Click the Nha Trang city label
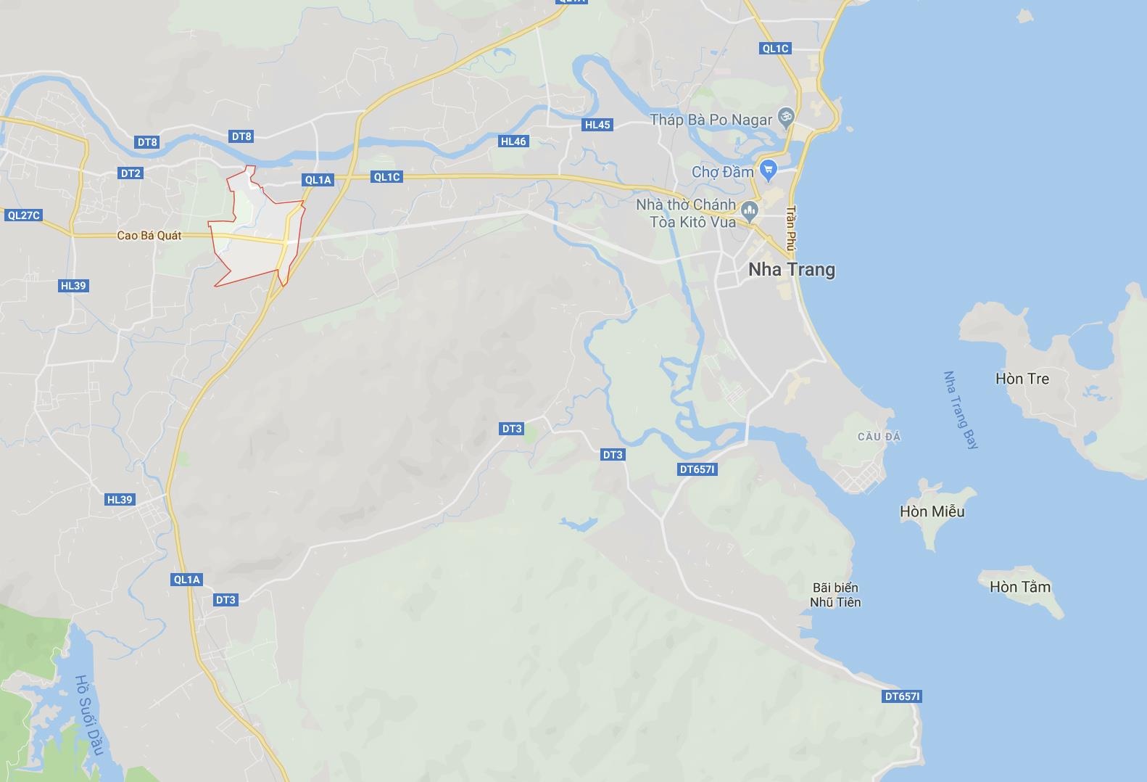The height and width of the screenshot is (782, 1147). (x=791, y=270)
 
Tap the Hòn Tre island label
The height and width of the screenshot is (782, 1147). (x=1022, y=379)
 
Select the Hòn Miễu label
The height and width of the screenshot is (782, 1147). (x=932, y=511)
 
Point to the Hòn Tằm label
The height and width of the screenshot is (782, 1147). (x=1019, y=587)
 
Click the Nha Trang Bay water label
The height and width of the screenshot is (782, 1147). (x=960, y=411)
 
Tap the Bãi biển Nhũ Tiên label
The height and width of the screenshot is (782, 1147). (x=835, y=595)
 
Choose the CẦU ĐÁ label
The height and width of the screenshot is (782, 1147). (x=879, y=437)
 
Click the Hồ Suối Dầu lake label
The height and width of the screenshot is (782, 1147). (x=90, y=715)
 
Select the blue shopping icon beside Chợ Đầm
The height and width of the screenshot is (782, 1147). (x=769, y=171)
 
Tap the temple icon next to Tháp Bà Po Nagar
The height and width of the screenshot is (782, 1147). (x=784, y=116)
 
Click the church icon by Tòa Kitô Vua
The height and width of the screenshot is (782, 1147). (x=750, y=211)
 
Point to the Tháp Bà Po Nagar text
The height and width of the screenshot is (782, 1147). (x=711, y=120)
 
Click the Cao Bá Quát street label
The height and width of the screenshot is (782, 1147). (x=149, y=236)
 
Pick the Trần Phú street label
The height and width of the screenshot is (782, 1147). (x=791, y=229)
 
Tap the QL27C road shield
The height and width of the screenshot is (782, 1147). (x=23, y=215)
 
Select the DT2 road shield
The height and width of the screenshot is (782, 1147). (x=131, y=173)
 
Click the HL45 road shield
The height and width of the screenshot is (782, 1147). (x=597, y=125)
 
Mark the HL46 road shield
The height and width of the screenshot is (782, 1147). (x=513, y=141)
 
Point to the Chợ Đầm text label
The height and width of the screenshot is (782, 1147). (x=722, y=172)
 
